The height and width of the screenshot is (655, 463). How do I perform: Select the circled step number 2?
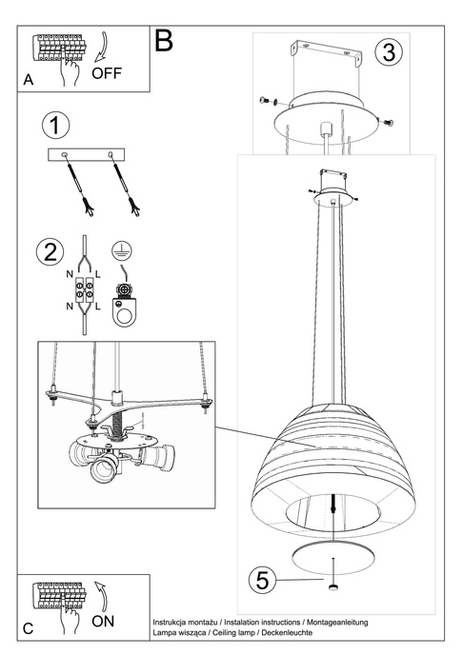(50, 252)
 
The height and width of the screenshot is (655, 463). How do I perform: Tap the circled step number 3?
(386, 52)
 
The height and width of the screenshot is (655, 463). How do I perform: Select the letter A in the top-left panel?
(29, 83)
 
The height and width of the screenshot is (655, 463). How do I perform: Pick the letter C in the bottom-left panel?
(28, 628)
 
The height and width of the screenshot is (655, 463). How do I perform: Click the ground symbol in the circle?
(121, 249)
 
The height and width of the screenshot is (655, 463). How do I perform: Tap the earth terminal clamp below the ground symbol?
(122, 303)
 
